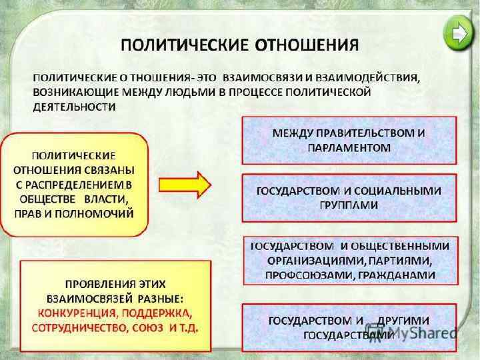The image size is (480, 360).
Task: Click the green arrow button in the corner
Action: (457, 31)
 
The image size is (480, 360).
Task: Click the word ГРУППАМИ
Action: (349, 205)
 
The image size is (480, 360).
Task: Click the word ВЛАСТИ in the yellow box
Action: (105, 199)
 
